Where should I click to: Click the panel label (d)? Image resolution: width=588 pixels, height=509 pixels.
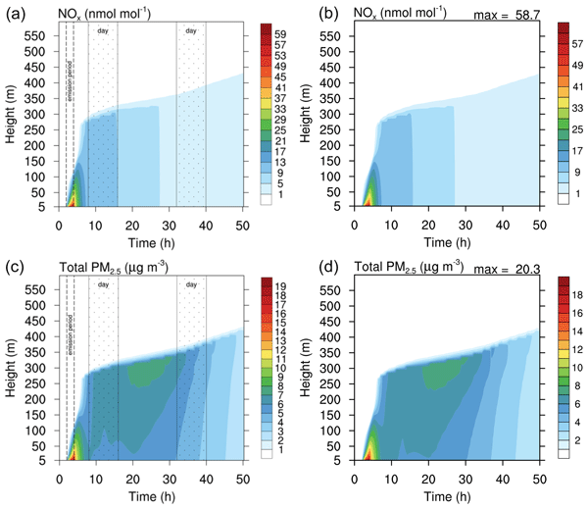(309, 266)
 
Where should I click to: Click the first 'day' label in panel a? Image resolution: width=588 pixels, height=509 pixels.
(103, 31)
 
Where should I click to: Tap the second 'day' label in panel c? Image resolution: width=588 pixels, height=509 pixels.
(191, 284)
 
